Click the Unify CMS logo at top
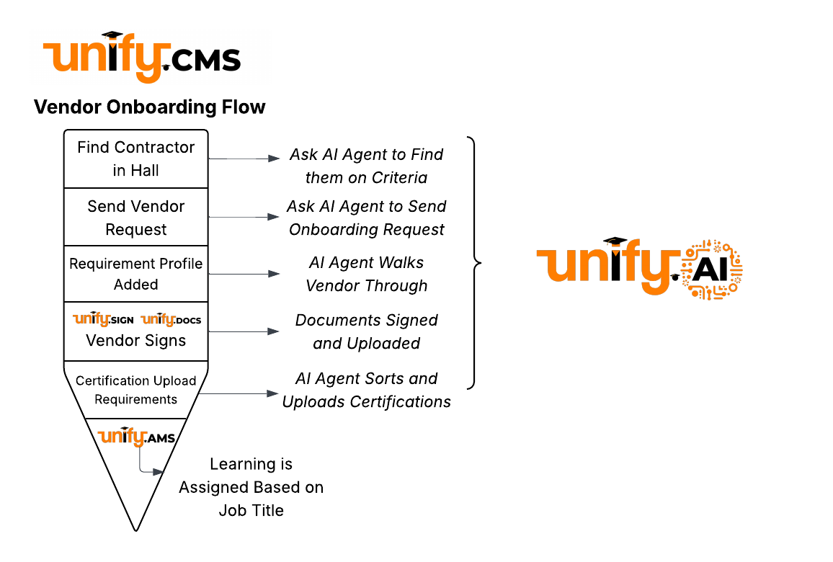pos(142,58)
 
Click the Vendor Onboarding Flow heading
pos(150,107)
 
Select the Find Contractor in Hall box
pos(135,159)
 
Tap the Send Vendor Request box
pos(135,218)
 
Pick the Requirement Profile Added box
pos(135,274)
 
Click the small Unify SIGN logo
pos(103,319)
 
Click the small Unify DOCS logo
pos(171,319)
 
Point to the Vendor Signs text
pos(135,341)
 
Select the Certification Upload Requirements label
pos(135,390)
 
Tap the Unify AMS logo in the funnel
pos(136,437)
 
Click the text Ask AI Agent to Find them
pos(366,166)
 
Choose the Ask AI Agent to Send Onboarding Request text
pos(366,218)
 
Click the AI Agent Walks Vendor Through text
pos(366,274)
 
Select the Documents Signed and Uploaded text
pos(366,331)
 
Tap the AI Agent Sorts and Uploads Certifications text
pos(366,390)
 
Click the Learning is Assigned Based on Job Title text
pos(251,487)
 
